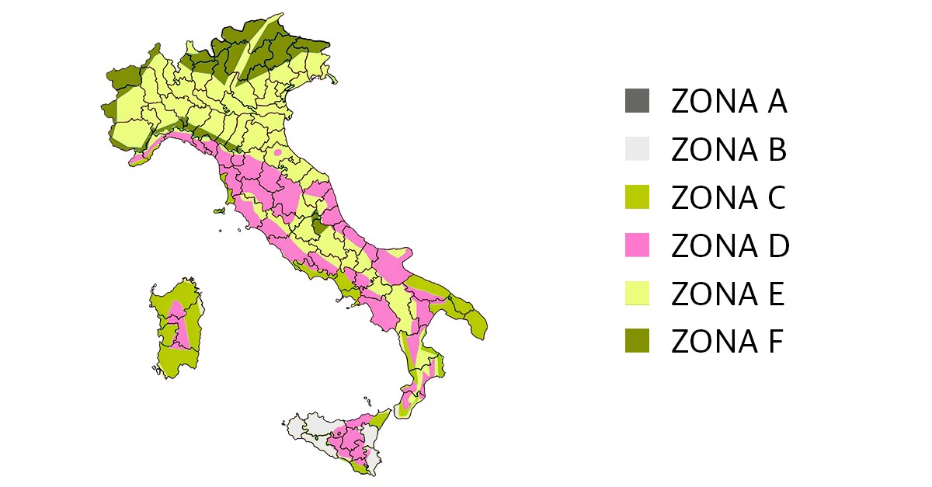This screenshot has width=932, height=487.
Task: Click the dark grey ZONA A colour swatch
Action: coord(637,102)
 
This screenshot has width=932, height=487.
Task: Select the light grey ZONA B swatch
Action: coord(637,149)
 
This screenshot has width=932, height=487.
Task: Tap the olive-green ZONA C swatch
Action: coord(637,197)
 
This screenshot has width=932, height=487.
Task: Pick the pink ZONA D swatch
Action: coord(637,245)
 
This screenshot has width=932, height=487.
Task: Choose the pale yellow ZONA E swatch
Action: coord(637,294)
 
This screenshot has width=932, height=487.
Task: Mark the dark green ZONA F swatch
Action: coord(637,341)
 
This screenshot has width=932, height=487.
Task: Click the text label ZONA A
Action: coord(729,102)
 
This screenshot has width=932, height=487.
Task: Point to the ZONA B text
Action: coord(729,150)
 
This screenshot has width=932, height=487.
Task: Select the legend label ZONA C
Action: coord(729,198)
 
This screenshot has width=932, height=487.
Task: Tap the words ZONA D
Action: coord(729,246)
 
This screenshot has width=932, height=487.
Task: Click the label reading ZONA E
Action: coord(728,294)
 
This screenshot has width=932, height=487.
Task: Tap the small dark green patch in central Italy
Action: coord(318,227)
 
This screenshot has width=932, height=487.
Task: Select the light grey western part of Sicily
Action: coord(307,430)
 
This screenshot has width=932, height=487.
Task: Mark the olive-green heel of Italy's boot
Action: coord(475,319)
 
